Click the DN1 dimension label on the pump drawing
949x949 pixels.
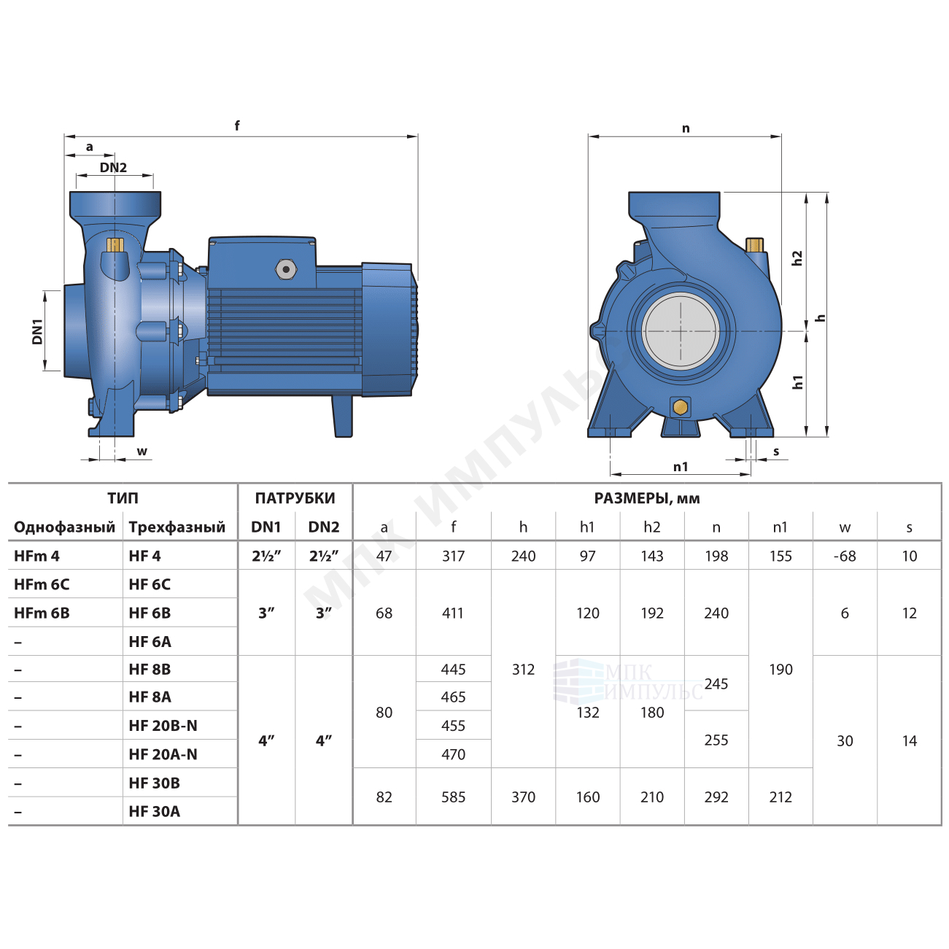point(37,331)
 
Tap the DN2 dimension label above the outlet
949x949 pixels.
point(113,168)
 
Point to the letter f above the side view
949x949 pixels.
point(237,125)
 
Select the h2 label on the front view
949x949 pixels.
point(797,258)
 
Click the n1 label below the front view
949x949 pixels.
point(680,466)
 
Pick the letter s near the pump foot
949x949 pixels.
point(776,451)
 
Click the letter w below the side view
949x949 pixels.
point(142,451)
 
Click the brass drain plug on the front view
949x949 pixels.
point(680,406)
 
